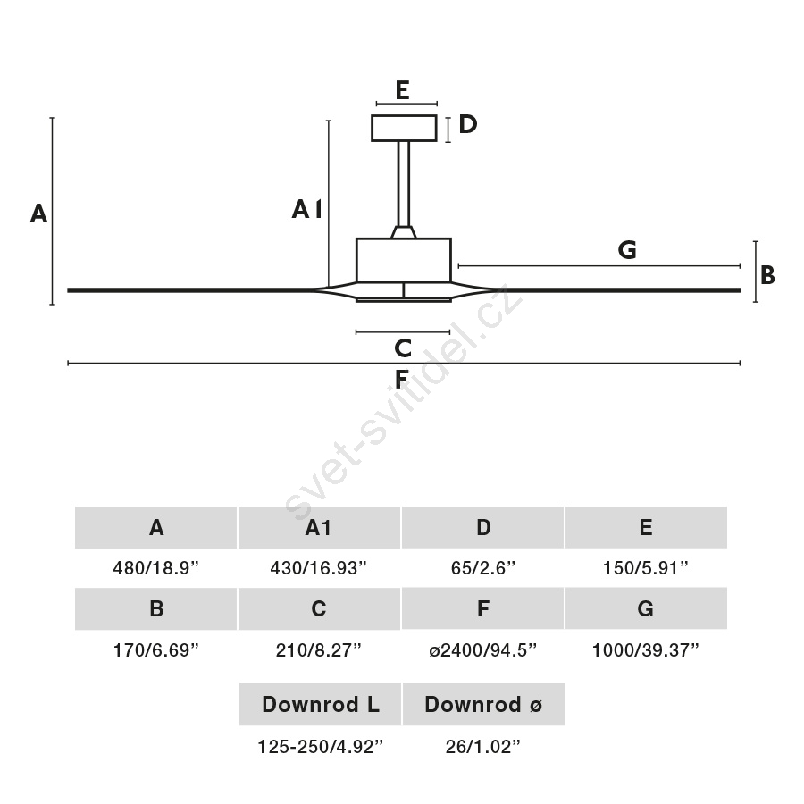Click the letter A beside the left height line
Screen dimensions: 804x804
tap(38, 214)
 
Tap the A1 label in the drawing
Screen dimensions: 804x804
tap(306, 209)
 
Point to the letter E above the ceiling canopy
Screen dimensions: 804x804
tap(403, 90)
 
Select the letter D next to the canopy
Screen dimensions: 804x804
tap(467, 124)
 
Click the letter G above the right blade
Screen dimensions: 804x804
tap(627, 250)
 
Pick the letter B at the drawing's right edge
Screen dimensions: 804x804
tap(767, 275)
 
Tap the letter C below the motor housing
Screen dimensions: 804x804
tap(403, 348)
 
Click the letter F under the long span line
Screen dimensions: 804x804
tap(401, 380)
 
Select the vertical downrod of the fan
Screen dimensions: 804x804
tap(404, 183)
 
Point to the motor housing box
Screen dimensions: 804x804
tap(404, 261)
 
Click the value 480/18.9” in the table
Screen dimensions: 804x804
tap(155, 568)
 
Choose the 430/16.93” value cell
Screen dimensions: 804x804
tap(318, 568)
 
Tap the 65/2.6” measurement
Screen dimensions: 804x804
tap(483, 568)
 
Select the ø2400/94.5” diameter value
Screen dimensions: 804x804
tap(483, 650)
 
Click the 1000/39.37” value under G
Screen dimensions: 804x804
tap(646, 650)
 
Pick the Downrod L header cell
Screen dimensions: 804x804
tap(320, 704)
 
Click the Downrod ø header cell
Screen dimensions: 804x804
tap(483, 704)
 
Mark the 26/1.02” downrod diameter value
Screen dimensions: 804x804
tap(483, 747)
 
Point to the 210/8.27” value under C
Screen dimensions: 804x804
tap(318, 650)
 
